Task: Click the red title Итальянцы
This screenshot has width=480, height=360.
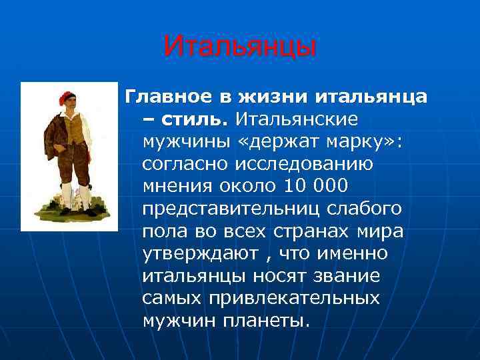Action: coord(239,47)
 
